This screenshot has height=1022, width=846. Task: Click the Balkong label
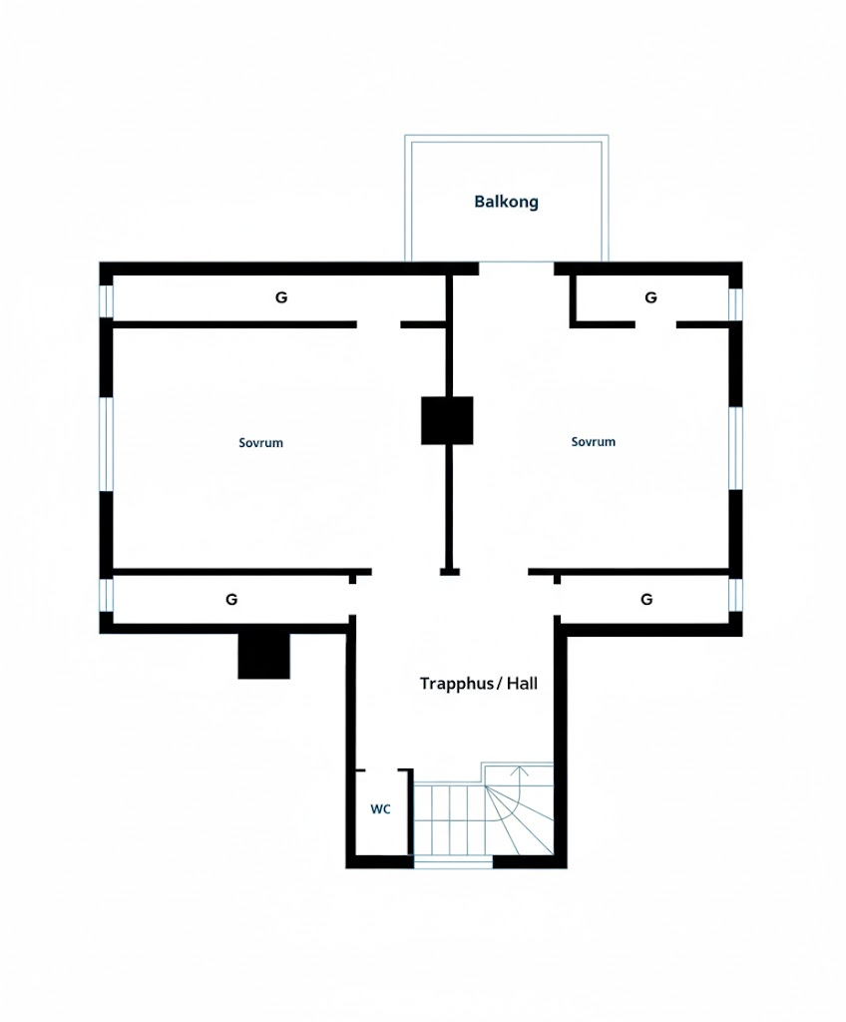[x=507, y=202]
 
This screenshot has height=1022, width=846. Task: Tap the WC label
[x=381, y=808]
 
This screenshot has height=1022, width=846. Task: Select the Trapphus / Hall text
[x=479, y=684]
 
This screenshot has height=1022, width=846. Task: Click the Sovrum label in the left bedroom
[x=260, y=443]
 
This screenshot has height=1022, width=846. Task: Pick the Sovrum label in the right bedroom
[x=594, y=442]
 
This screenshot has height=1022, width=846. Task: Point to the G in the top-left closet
[x=281, y=297]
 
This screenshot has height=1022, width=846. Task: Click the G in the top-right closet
[x=650, y=297]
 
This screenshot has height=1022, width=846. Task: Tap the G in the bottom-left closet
[x=231, y=599]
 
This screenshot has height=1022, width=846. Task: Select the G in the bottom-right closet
[x=646, y=599]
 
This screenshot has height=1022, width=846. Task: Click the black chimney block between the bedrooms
[x=447, y=420]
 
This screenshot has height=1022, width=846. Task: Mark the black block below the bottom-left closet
[x=263, y=655]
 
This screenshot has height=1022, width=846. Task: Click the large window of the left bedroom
[x=106, y=443]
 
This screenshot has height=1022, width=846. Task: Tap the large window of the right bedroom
[x=735, y=448]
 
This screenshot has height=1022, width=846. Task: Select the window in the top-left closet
[x=106, y=301]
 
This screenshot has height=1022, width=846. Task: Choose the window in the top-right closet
[x=735, y=304]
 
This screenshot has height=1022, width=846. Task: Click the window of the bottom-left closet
[x=106, y=595]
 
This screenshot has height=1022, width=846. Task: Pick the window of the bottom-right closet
[x=735, y=595]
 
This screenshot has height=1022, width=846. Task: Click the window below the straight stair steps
[x=454, y=863]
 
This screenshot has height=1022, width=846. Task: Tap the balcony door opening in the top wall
[x=516, y=268]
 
